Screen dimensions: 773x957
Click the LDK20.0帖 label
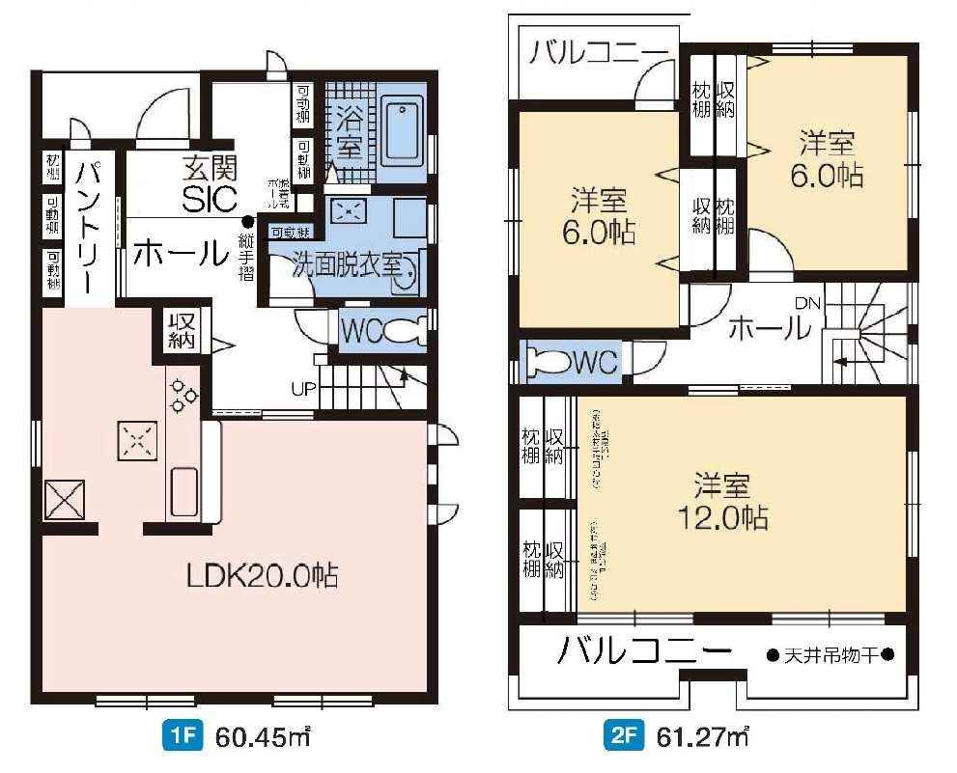click(262, 576)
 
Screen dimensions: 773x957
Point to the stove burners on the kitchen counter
click(183, 392)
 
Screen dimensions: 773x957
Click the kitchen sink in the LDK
click(183, 492)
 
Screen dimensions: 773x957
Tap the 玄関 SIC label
click(209, 185)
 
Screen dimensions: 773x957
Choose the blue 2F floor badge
click(625, 738)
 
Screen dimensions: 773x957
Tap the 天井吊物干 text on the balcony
click(830, 655)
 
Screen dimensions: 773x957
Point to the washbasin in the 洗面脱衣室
click(409, 272)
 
